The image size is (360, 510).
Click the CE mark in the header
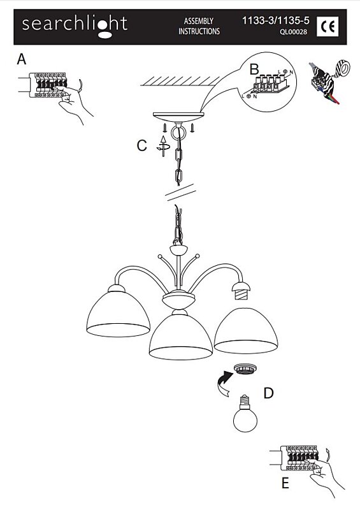[328, 26]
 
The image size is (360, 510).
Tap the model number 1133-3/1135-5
[276, 21]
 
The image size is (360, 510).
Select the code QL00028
[293, 32]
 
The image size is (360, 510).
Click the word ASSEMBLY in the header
[199, 21]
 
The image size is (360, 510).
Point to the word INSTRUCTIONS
[199, 31]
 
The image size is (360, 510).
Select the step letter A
[22, 59]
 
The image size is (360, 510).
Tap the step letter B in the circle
[254, 69]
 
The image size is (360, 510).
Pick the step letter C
[142, 146]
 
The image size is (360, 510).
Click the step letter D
[268, 393]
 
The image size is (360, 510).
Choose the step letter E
[285, 483]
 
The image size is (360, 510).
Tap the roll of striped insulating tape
[342, 68]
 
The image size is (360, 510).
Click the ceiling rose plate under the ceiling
[178, 117]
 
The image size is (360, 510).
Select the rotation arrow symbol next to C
[163, 147]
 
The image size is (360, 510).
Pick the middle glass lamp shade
[181, 335]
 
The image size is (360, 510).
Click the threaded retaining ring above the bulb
[245, 369]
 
